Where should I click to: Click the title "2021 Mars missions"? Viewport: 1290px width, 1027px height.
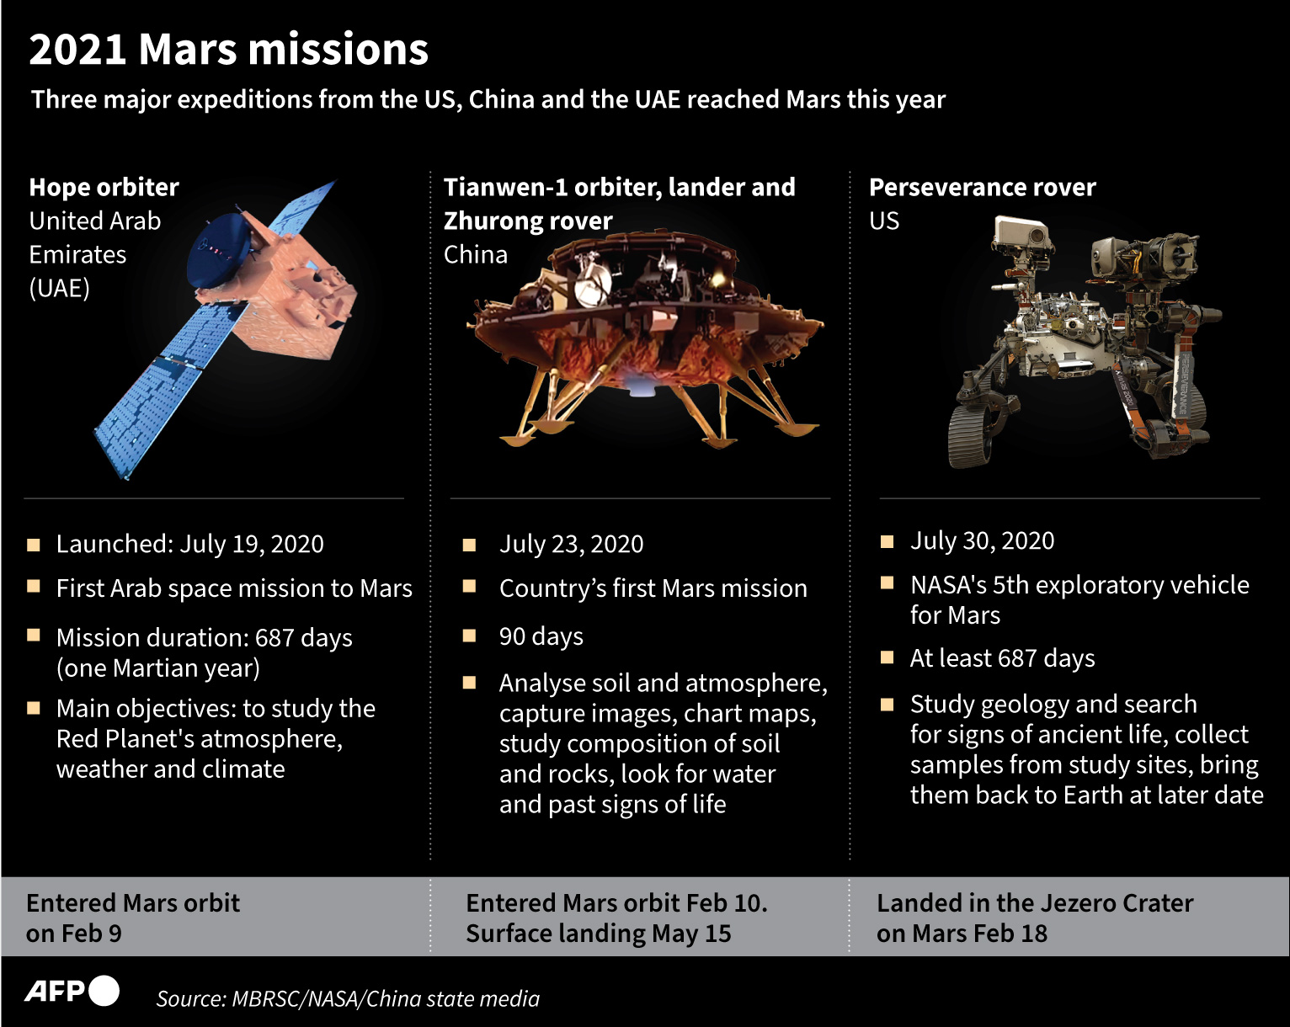pos(228,49)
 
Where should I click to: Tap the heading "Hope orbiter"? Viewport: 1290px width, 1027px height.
pos(104,188)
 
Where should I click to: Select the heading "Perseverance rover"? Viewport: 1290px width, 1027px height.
pos(983,188)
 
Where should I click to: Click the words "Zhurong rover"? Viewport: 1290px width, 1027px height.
pos(528,221)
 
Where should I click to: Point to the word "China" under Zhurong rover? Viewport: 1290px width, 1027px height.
pos(476,255)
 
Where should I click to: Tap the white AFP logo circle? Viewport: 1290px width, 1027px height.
pos(104,991)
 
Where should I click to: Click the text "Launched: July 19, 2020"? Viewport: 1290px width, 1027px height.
pos(190,544)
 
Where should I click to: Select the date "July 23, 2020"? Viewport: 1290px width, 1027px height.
pos(571,544)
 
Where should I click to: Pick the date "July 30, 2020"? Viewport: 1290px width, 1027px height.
pos(982,540)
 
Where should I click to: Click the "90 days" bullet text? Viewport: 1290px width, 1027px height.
pos(541,636)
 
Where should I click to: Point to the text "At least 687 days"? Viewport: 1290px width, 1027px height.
pos(1002,658)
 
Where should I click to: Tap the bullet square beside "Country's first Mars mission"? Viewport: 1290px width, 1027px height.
pos(469,585)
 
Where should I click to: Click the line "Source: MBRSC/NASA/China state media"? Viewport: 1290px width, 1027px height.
pos(348,999)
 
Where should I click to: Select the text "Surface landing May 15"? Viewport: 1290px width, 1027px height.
pos(598,934)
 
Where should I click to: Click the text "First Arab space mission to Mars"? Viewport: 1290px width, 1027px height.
pos(234,588)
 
